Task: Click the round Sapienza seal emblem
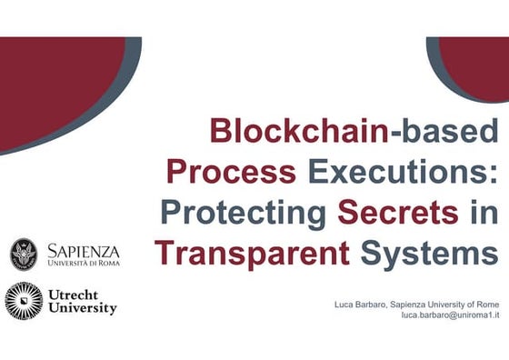click(24, 255)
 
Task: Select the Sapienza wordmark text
click(83, 250)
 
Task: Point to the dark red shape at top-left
click(55, 77)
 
